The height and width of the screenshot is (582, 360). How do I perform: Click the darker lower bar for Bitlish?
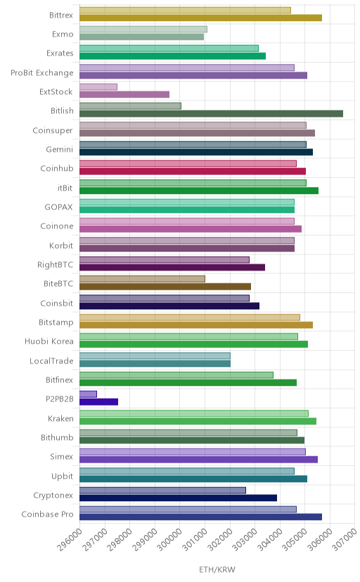click(x=211, y=114)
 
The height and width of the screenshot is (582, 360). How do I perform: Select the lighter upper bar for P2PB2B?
click(x=88, y=394)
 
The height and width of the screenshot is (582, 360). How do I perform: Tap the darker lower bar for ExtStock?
click(x=124, y=95)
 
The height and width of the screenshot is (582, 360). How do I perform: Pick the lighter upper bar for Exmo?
click(x=143, y=30)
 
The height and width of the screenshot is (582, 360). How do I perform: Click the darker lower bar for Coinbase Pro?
click(x=200, y=517)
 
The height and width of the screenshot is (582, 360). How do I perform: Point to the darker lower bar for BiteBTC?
click(x=165, y=287)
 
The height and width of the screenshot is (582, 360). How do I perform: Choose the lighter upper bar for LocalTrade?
click(x=155, y=356)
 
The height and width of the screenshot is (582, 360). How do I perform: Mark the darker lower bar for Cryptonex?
click(x=178, y=498)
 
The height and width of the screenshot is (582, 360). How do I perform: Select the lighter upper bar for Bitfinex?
click(x=176, y=375)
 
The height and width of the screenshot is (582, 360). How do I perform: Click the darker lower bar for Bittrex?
click(x=200, y=18)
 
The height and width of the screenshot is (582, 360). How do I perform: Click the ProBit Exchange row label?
click(x=42, y=73)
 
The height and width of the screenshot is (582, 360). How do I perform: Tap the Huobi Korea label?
click(x=49, y=341)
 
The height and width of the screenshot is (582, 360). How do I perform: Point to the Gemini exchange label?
click(x=59, y=149)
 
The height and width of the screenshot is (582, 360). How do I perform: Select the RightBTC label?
click(x=55, y=265)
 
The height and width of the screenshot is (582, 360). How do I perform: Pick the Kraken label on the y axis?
click(x=60, y=418)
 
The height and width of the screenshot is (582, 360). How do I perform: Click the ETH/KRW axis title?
click(x=217, y=570)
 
